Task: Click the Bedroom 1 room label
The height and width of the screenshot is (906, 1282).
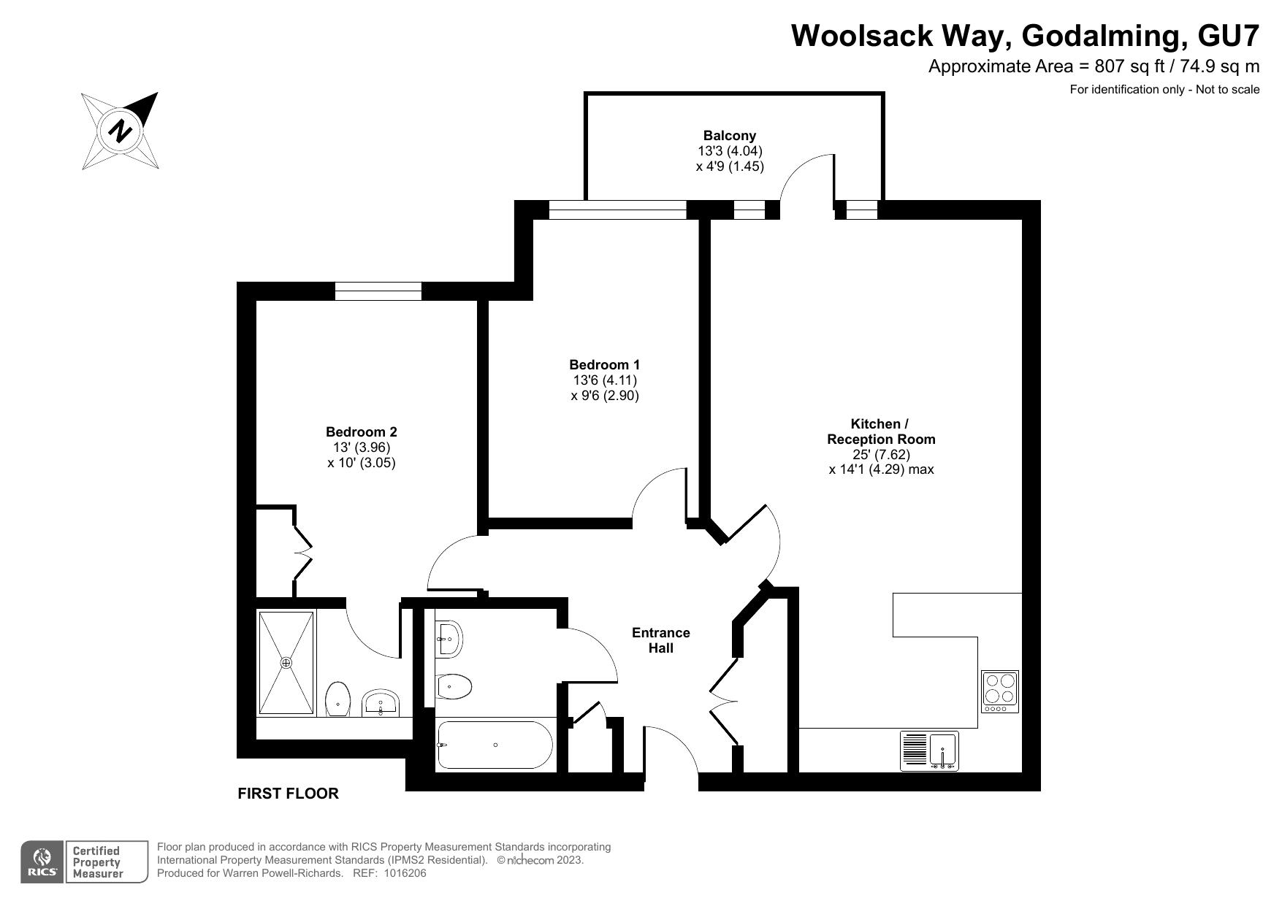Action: point(604,364)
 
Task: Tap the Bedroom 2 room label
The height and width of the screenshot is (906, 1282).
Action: point(361,432)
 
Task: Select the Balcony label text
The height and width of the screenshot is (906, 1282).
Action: point(729,135)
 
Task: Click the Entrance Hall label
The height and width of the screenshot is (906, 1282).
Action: point(660,640)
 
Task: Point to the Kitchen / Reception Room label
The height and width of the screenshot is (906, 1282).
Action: point(880,431)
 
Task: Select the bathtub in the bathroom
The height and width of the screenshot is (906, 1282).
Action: point(495,745)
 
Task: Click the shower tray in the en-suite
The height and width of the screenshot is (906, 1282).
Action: point(286,663)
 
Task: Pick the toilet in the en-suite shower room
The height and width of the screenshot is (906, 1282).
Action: point(338,699)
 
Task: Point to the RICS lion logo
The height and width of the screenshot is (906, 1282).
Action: point(43,861)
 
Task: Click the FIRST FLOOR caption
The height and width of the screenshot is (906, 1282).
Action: point(288,794)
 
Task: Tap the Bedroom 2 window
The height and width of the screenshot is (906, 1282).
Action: point(378,291)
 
